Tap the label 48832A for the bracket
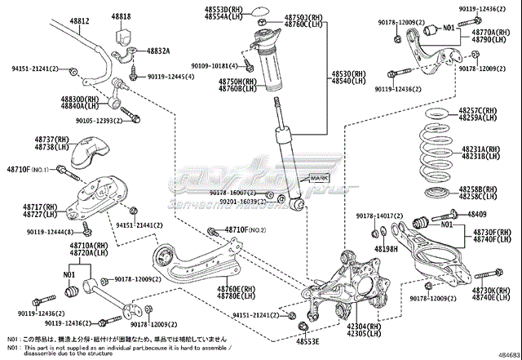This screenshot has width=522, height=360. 158,51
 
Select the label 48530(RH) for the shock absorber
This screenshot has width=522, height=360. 348,74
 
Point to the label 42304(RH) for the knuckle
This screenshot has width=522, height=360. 364,325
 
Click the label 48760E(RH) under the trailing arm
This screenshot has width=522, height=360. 235,288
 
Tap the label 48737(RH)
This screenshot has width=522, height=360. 51,140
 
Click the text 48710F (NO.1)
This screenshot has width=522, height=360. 29,169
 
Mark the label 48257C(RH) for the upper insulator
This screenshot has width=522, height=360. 484,110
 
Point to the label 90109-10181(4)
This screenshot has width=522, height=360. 215,65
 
